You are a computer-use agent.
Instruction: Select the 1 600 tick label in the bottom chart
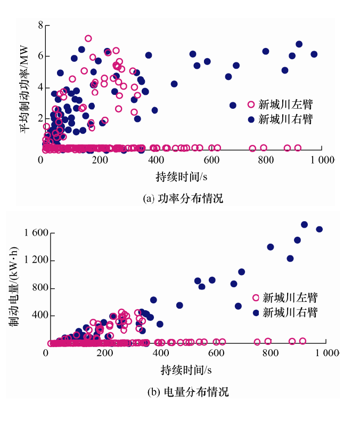tap(36, 233)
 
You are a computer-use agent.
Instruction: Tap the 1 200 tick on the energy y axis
tap(36, 260)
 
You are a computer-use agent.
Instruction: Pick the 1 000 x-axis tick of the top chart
tap(323, 160)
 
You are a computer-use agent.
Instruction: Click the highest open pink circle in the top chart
tap(88, 38)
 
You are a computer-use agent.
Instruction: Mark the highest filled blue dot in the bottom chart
tap(305, 224)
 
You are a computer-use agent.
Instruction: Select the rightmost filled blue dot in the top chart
tap(314, 54)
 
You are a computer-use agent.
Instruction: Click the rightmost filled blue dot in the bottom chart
tap(320, 229)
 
